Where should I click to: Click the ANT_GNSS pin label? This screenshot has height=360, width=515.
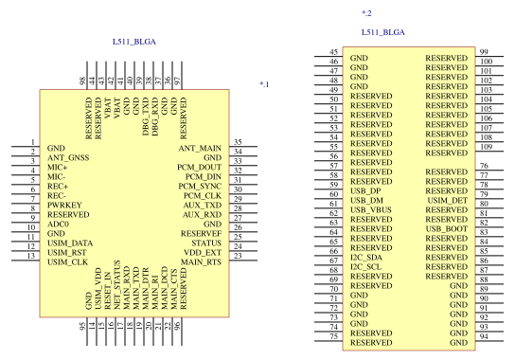pos(66,158)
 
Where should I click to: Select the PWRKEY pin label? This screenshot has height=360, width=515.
pos(63,205)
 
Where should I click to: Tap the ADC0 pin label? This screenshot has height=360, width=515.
pos(58,224)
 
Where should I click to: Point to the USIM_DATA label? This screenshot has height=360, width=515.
pos(69,243)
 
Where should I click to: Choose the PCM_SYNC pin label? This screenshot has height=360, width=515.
pos(199,186)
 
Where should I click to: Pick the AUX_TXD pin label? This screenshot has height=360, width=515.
pos(202,205)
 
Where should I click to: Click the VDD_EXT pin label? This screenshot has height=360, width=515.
pos(202,252)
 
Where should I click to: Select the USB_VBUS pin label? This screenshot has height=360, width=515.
pos(370,209)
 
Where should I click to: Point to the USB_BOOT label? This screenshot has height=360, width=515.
pos(447,228)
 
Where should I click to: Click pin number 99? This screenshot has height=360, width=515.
pos(484,52)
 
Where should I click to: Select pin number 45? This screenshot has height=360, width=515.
pos(333,52)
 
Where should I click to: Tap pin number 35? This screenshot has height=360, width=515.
pos(239,142)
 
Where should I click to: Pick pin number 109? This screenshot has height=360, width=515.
pos(486,146)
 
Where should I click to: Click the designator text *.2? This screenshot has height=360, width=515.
pos(367,13)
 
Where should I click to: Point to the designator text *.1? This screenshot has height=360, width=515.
pos(265,85)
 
